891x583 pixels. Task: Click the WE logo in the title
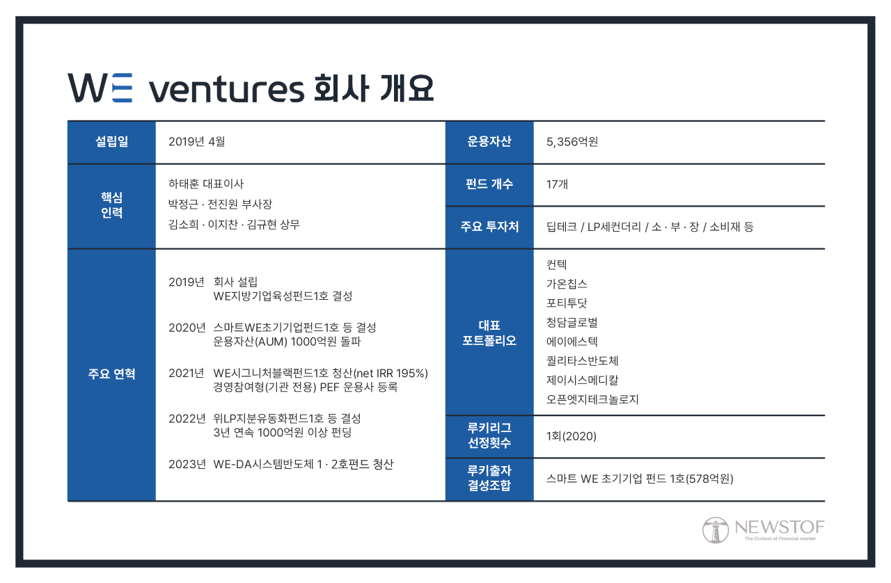[x=100, y=88]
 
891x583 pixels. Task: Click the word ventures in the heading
[x=226, y=89]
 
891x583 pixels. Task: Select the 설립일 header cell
[x=111, y=142]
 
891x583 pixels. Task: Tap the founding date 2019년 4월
[x=197, y=142]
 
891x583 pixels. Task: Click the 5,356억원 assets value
[x=572, y=142]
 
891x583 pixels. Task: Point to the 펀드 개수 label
[x=489, y=184]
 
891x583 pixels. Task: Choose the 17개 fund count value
[x=558, y=184]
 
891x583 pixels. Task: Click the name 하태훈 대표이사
[x=206, y=184]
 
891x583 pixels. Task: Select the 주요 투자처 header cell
[x=489, y=227]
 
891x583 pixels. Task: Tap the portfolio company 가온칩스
[x=567, y=284]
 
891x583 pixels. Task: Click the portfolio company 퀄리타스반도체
[x=582, y=361]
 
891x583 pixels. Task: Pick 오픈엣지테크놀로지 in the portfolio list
[x=592, y=399]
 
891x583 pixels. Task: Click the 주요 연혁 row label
[x=111, y=374]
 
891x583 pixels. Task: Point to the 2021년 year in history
[x=187, y=373]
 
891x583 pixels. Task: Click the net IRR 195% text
[x=390, y=373]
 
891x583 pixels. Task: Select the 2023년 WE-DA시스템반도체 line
[x=281, y=464]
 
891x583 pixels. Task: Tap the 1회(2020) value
[x=571, y=437]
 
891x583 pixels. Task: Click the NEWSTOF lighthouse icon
[x=714, y=530]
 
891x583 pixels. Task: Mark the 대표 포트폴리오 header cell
[x=489, y=333]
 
